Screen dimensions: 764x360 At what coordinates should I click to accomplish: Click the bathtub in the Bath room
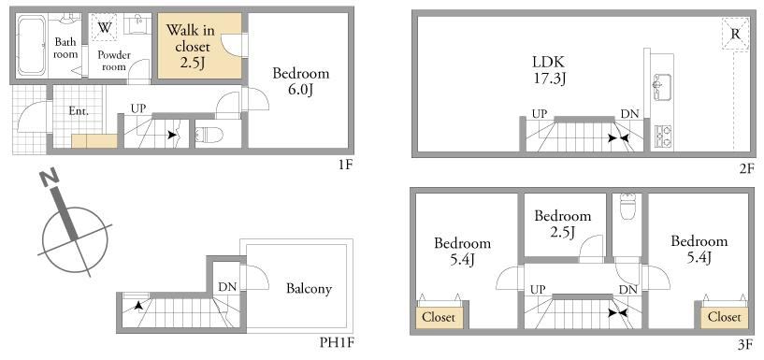tap(32, 45)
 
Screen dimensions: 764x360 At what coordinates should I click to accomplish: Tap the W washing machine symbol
tap(105, 28)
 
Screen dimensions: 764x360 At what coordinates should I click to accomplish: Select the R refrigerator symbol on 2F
tap(735, 34)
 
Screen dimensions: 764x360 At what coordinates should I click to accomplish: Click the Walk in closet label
tap(190, 46)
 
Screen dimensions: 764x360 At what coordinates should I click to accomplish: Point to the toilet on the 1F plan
tap(209, 135)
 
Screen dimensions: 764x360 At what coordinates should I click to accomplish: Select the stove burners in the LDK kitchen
tap(662, 137)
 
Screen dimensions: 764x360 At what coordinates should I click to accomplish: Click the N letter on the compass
tap(50, 179)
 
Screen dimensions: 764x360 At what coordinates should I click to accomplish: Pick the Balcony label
tap(309, 289)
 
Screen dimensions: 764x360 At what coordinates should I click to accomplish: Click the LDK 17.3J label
tap(548, 69)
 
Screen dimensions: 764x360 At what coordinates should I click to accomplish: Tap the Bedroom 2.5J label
tap(563, 223)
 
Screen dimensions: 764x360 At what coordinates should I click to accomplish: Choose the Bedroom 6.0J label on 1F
tap(300, 81)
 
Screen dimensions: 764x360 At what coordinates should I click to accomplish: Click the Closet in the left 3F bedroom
tap(439, 318)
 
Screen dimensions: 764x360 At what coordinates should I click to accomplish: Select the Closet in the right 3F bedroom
tap(724, 317)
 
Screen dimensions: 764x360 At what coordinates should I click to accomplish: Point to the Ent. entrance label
tap(79, 111)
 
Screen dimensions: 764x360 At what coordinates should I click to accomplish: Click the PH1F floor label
tap(337, 343)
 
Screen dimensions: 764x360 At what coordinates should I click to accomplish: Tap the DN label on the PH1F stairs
tap(227, 287)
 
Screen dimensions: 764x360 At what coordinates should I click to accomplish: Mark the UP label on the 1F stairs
tap(137, 108)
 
